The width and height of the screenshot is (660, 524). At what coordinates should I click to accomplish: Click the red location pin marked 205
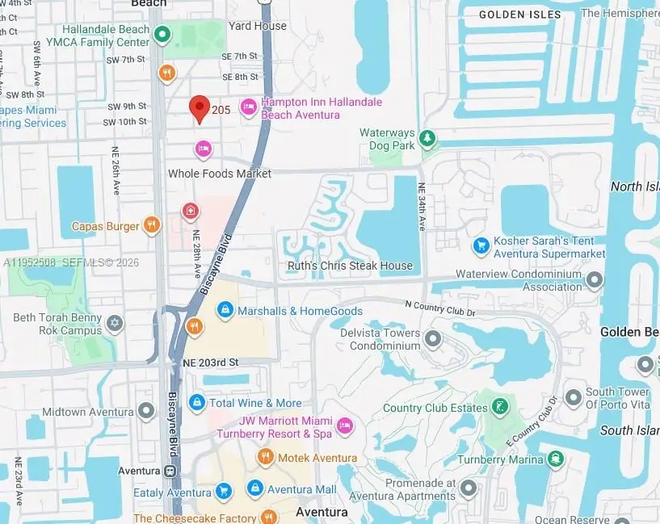click(x=200, y=108)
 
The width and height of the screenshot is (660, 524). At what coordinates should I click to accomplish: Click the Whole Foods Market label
click(x=219, y=174)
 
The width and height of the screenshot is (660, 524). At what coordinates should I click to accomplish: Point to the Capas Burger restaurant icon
click(x=151, y=225)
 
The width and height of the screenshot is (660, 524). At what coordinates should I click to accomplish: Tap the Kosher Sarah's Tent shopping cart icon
click(x=481, y=245)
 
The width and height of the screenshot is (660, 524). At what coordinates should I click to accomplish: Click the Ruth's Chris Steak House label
click(x=350, y=266)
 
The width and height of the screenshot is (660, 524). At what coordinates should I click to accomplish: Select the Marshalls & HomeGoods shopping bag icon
click(x=225, y=310)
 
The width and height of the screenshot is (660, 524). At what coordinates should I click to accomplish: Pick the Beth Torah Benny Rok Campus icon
click(x=115, y=325)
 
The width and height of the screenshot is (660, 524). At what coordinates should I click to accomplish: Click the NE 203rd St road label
click(x=212, y=363)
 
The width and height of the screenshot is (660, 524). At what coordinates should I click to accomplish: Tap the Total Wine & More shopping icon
click(x=196, y=402)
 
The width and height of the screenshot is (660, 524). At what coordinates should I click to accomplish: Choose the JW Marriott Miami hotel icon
click(x=345, y=425)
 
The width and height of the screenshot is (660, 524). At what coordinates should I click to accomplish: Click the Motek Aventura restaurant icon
click(x=265, y=458)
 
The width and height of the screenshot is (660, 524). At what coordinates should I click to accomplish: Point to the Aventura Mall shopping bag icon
click(x=255, y=488)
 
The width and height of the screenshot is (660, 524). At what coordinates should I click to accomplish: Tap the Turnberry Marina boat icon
click(x=556, y=459)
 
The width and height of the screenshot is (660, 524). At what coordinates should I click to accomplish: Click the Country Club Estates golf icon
click(x=501, y=405)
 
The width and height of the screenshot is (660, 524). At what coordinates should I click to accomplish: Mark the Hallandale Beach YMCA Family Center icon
click(x=162, y=35)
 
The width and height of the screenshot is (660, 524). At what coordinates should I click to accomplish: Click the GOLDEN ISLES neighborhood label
click(x=519, y=15)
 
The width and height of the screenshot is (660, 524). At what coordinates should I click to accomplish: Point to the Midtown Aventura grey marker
click(x=146, y=412)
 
